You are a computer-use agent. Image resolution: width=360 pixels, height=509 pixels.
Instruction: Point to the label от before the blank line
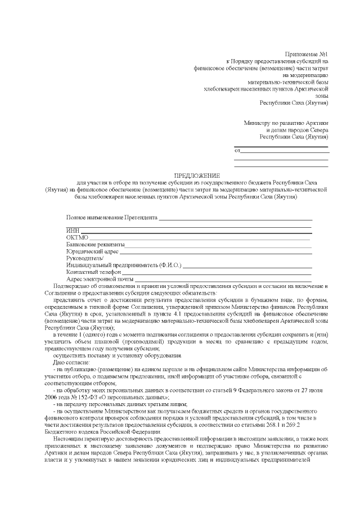pos(237,150)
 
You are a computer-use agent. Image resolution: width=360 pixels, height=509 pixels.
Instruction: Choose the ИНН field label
pos(73,231)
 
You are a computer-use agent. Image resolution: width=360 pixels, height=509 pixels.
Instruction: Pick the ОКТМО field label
pos(78,237)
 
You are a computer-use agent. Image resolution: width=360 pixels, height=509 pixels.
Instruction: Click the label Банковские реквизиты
pos(95,245)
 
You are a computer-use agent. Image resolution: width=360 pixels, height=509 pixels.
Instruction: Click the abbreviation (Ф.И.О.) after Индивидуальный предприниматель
pos(170,265)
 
